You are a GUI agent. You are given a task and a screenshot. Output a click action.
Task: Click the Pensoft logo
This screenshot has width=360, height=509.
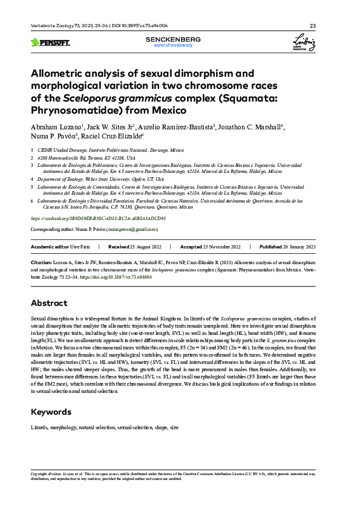(50, 42)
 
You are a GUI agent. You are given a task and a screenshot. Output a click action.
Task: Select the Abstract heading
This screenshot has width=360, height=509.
(50, 303)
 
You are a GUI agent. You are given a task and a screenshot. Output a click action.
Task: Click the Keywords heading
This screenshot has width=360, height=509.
(53, 412)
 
